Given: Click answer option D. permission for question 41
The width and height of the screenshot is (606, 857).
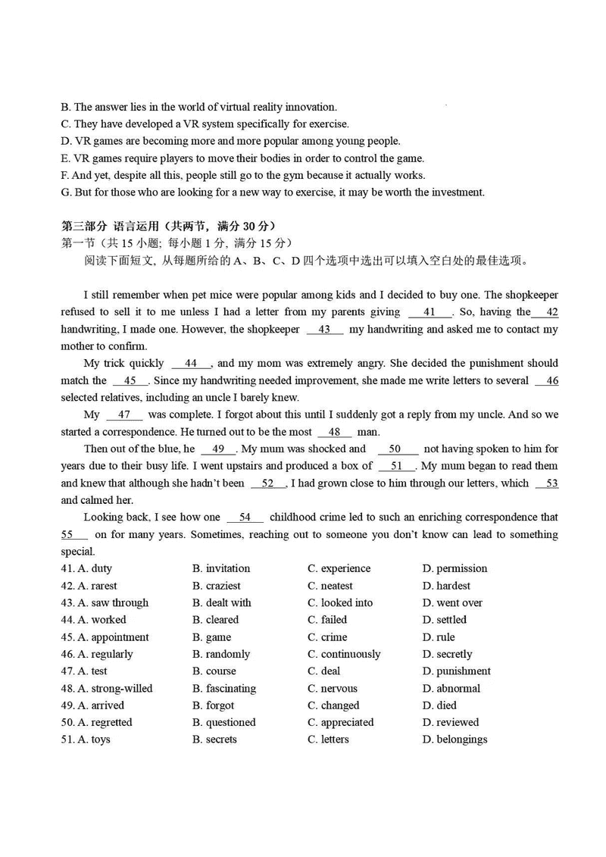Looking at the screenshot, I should (x=454, y=568).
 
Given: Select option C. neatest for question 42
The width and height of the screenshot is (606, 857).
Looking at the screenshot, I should (x=330, y=586).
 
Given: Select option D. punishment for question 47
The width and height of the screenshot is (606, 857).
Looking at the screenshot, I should (x=456, y=671).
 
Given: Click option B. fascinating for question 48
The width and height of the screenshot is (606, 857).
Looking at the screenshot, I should (x=224, y=689).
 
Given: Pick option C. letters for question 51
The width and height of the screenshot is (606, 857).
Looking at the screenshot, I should (x=328, y=740).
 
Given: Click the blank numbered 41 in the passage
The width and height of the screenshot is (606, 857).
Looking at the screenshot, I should (x=430, y=312).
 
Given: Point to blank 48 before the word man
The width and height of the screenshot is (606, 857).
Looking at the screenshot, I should (x=334, y=432).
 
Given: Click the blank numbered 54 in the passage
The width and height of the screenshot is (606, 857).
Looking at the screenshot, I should (x=245, y=518).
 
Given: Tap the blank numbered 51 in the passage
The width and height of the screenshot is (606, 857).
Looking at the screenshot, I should (x=397, y=466).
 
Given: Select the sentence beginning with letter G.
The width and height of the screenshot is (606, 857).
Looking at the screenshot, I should (x=272, y=192).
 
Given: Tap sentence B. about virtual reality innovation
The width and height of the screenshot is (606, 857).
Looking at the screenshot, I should (x=198, y=107).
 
